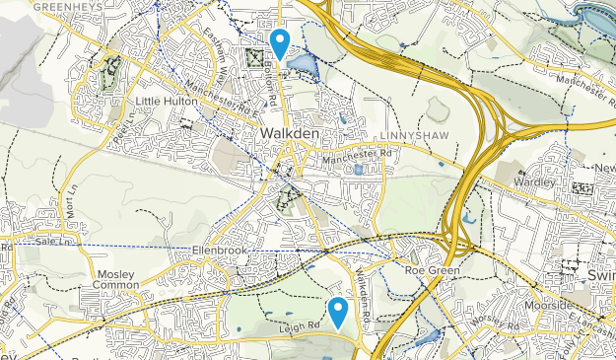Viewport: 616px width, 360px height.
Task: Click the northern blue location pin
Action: tap(280, 42)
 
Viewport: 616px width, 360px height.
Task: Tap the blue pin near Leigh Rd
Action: tap(338, 311)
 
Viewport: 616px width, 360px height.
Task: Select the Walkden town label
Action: tap(288, 132)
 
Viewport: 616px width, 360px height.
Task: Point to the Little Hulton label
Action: tap(167, 102)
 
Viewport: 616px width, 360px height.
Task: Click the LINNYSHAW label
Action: tap(405, 134)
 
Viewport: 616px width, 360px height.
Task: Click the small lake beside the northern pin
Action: tap(303, 66)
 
